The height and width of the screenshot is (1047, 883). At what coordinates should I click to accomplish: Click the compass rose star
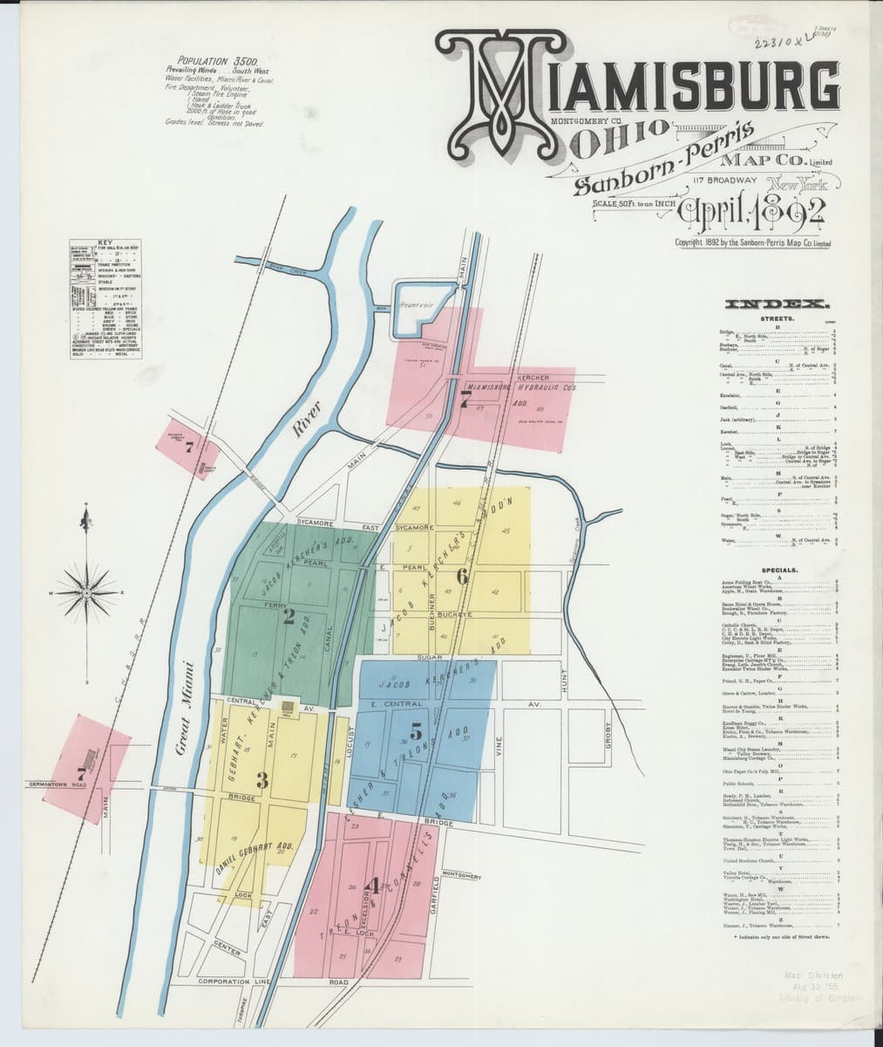[x=85, y=593]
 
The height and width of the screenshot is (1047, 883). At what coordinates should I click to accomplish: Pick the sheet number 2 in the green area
[x=289, y=617]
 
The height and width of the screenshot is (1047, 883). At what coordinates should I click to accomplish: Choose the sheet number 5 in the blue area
[x=416, y=733]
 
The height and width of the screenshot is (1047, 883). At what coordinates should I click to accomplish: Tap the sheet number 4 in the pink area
[x=374, y=885]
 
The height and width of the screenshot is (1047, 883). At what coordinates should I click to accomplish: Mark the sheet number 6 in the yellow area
[x=462, y=575]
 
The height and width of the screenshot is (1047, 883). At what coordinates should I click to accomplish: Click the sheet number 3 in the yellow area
[x=262, y=777]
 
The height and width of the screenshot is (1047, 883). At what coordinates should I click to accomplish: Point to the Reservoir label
[x=417, y=305]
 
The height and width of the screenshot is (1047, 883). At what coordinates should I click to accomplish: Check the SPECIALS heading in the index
[x=775, y=571]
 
